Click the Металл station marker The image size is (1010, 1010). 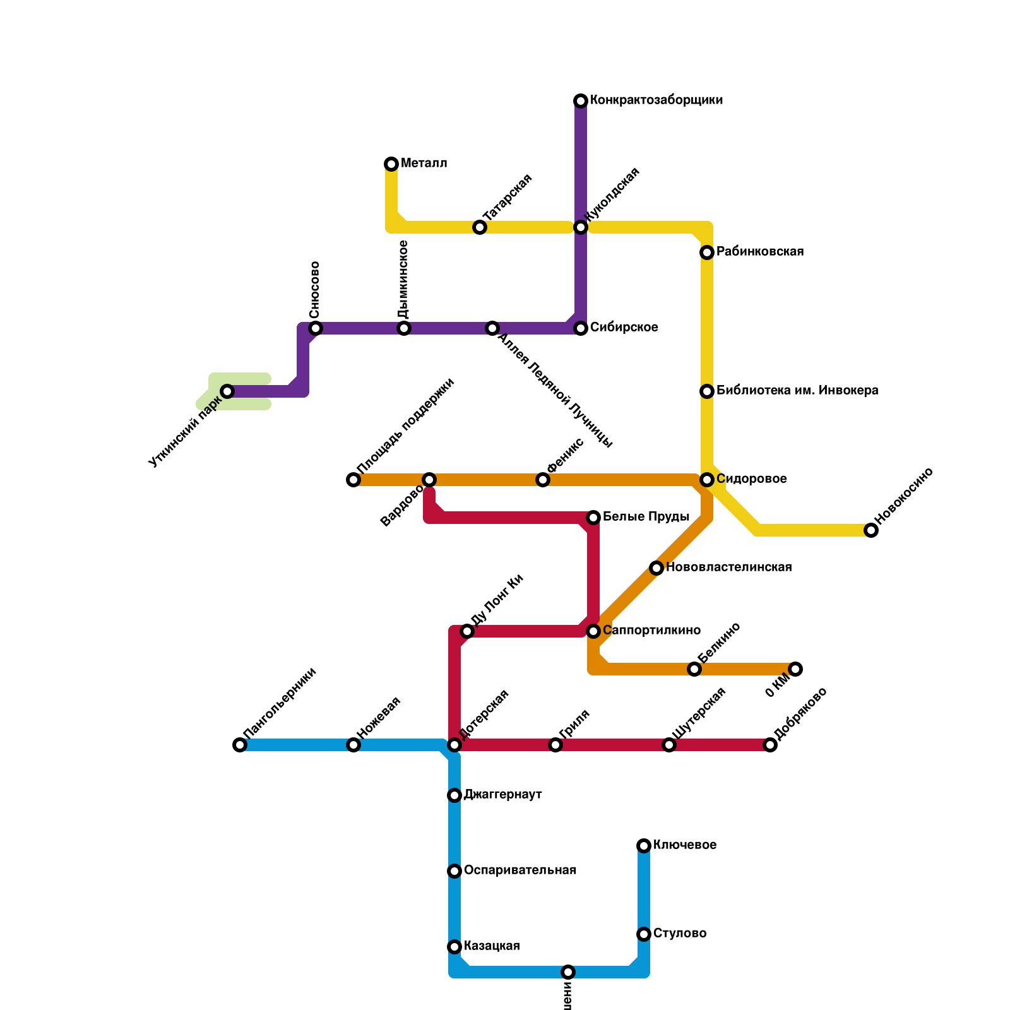391,164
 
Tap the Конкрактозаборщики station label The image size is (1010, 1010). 656,100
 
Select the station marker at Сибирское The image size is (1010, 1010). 581,328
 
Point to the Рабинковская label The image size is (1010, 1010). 760,252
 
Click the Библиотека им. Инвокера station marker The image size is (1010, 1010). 707,391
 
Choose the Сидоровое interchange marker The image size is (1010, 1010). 707,480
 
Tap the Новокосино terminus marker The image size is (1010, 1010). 871,530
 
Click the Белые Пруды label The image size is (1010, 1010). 646,517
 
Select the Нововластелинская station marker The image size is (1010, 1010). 656,568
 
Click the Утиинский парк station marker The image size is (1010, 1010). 227,391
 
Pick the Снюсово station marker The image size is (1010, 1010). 316,328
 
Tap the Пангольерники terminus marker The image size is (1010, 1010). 240,745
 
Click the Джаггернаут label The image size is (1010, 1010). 503,795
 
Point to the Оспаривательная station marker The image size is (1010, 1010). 454,871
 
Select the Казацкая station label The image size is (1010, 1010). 492,946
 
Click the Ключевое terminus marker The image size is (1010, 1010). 644,846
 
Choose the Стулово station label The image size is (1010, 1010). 680,934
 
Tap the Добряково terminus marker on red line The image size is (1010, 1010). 770,745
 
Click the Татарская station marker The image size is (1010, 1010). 480,227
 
